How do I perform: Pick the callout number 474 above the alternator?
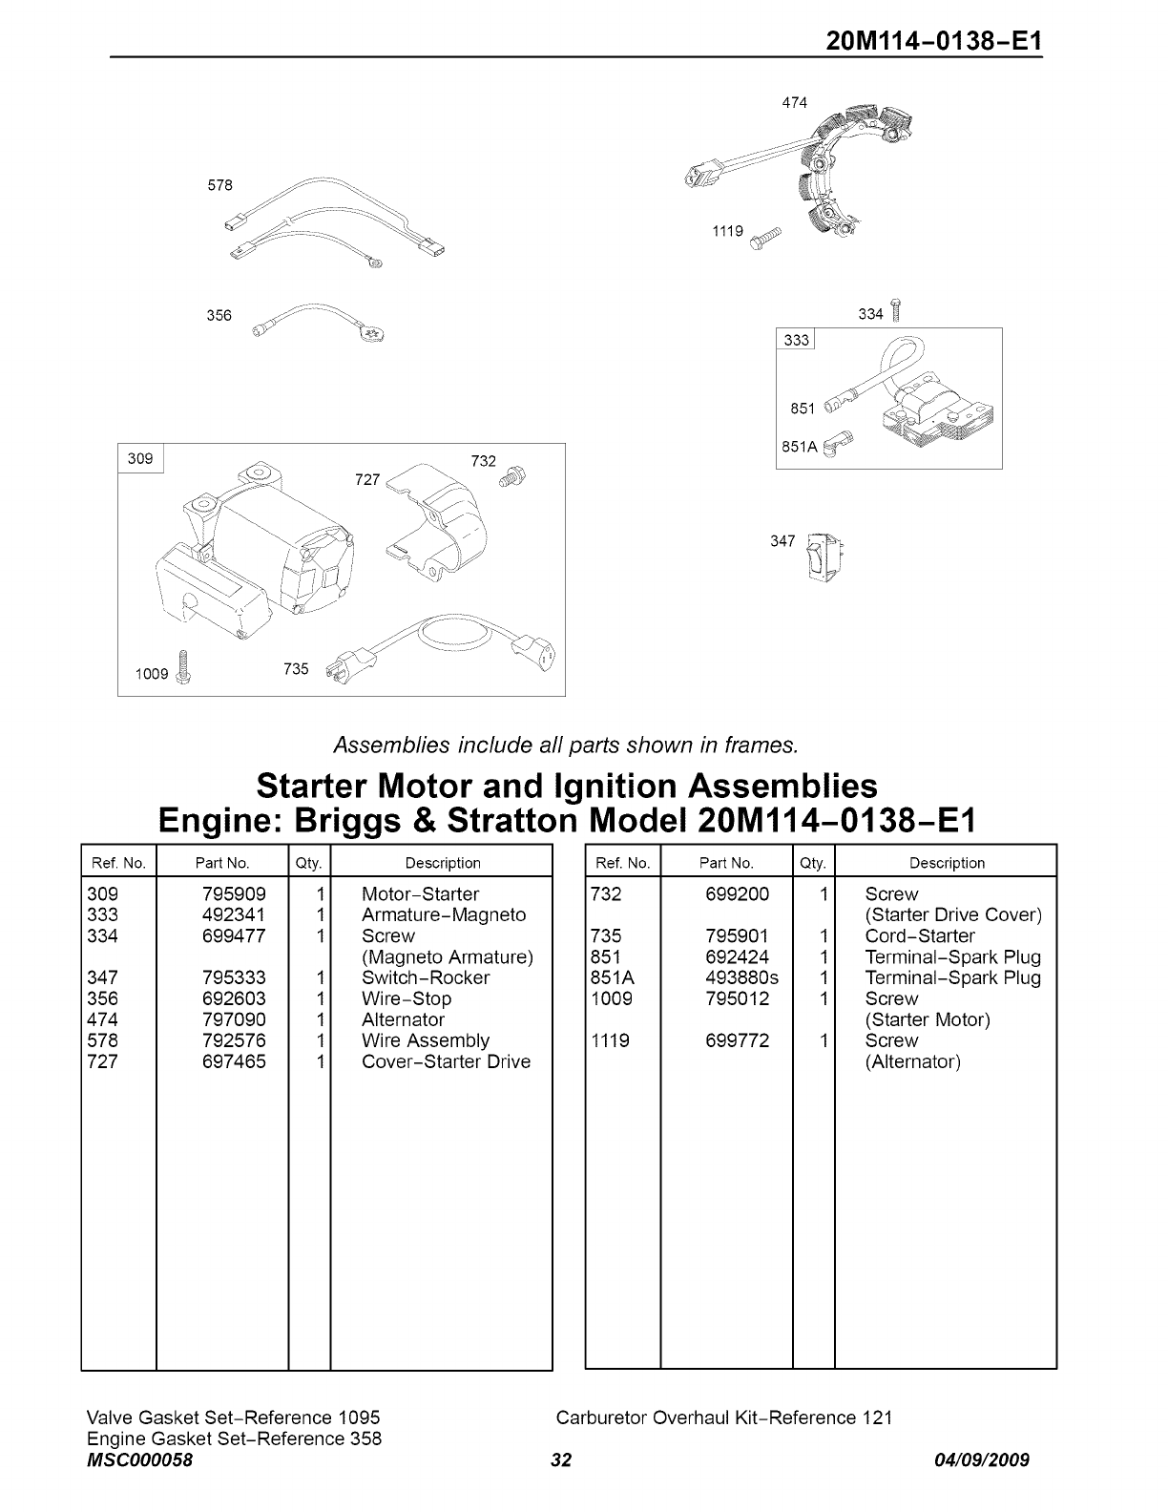pos(794,102)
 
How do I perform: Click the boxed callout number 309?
pos(140,459)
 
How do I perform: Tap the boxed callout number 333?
pos(796,341)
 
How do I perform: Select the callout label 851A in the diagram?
pos(799,447)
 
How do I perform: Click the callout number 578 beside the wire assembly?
pos(219,185)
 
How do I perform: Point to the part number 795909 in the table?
pos(234,894)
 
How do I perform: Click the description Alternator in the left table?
pos(403,1019)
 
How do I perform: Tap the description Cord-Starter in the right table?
pos(919,936)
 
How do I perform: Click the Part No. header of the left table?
pos(222,863)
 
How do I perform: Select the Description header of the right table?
pos(947,863)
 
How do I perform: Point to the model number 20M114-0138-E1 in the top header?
pos(934,42)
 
